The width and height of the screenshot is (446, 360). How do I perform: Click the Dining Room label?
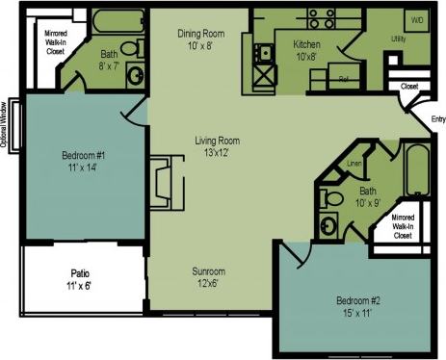click(200, 34)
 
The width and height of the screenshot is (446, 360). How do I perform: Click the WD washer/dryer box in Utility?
click(417, 19)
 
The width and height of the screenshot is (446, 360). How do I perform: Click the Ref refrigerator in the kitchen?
click(341, 79)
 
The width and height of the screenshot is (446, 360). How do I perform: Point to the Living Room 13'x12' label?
click(216, 145)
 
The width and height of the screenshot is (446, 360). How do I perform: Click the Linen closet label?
click(354, 165)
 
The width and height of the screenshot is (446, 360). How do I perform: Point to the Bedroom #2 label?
click(360, 306)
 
